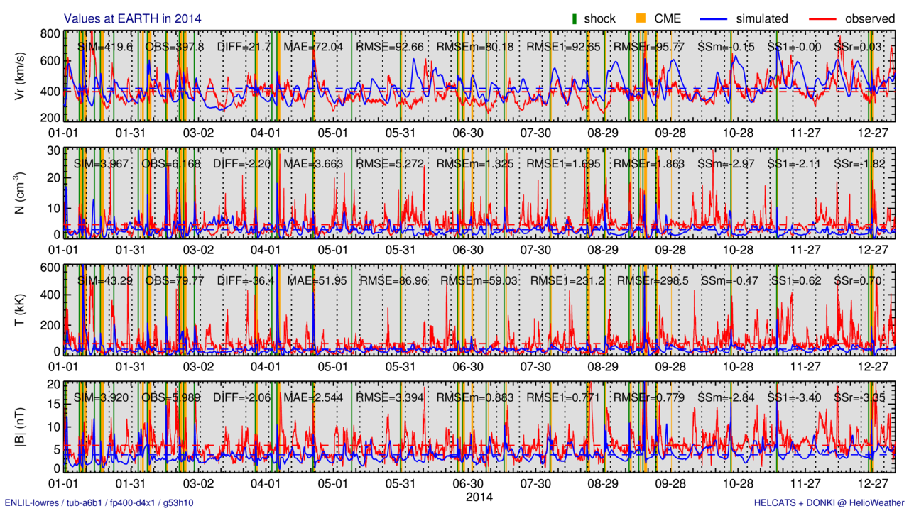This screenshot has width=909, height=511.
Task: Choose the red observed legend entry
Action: coord(852,18)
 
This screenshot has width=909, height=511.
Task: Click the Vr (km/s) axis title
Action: coord(21,75)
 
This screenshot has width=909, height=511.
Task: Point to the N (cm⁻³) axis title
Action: coord(21,192)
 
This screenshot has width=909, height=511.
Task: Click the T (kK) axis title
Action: coord(21,309)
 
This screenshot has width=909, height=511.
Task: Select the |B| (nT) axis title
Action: coord(21,426)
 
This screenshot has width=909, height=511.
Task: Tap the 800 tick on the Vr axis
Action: coord(50,33)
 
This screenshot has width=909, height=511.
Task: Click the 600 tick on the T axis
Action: coord(50,268)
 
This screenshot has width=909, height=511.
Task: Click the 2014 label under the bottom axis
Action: coord(479,497)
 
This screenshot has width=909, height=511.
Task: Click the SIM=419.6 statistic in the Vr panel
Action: coord(105,47)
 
